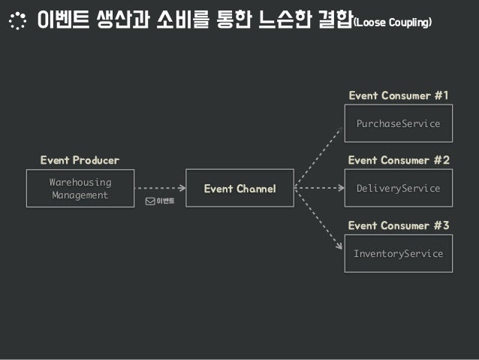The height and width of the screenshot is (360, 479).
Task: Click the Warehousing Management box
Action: [x=80, y=189]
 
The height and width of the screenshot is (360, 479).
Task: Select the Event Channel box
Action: [x=239, y=189]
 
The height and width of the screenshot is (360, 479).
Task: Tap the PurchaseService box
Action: [x=398, y=123]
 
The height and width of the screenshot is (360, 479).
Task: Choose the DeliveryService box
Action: [x=398, y=189]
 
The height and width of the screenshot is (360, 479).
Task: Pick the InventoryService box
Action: [x=398, y=254]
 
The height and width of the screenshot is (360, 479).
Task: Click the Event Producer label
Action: [x=80, y=160]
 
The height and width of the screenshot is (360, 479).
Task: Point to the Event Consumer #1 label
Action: [x=398, y=95]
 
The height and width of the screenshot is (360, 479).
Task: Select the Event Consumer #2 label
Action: [x=398, y=160]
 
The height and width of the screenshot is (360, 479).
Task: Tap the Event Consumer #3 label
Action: [x=398, y=225]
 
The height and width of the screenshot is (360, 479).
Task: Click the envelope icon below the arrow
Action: [x=150, y=201]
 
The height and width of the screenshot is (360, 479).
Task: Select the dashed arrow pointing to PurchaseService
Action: [x=319, y=153]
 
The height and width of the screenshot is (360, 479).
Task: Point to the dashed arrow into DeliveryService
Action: [x=319, y=189]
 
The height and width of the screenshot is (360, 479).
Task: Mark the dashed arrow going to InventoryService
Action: [x=319, y=222]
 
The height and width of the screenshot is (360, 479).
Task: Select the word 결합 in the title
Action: [x=333, y=22]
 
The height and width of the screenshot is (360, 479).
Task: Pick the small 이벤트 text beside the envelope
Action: [x=165, y=201]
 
